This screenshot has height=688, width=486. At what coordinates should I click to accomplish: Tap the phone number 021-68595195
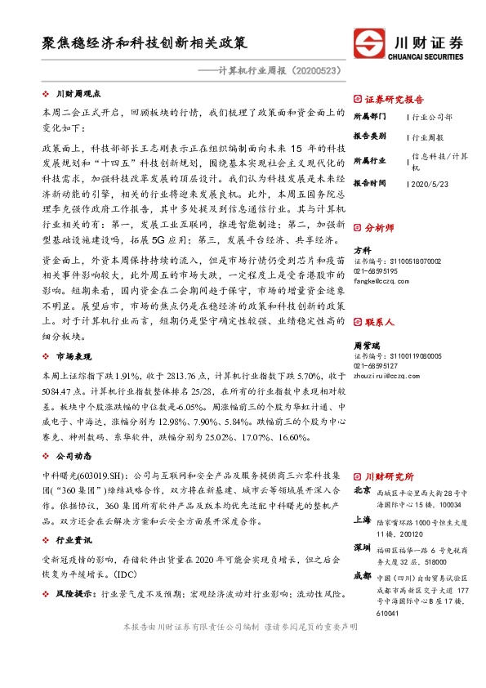(x=376, y=270)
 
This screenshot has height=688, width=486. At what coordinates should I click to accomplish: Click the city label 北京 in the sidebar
(x=363, y=491)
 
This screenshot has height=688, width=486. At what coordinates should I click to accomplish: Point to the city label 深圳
(x=363, y=546)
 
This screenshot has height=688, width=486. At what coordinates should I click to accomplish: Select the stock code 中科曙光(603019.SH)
(x=83, y=474)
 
